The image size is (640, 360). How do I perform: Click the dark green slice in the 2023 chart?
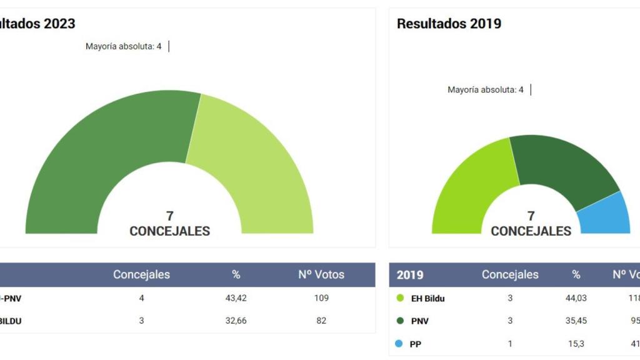94,156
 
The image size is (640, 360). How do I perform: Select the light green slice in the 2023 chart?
250,162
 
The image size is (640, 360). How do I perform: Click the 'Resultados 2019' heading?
449,24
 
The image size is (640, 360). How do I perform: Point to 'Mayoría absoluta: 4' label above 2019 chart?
486,90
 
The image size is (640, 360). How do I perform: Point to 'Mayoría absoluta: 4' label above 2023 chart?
123,46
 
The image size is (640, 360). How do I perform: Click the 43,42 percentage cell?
236,298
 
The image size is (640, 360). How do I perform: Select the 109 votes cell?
321,298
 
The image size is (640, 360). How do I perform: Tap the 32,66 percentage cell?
236,321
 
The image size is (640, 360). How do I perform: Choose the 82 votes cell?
321,321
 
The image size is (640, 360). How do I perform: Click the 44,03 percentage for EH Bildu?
576,298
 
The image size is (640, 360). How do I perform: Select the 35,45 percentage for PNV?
576,321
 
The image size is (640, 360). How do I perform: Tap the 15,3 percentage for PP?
576,344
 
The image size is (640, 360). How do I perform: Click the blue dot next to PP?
399,344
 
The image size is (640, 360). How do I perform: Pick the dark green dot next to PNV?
399,321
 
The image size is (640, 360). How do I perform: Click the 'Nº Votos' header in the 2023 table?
321,274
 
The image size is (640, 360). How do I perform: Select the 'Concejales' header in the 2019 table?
510,274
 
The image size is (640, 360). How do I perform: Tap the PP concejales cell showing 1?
510,344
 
